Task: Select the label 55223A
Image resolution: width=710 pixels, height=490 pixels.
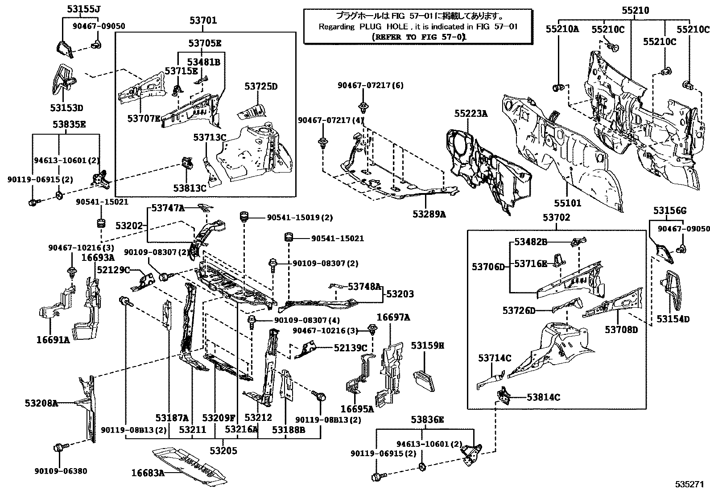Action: pyautogui.click(x=471, y=114)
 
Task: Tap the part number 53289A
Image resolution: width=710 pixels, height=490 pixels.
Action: pyautogui.click(x=429, y=214)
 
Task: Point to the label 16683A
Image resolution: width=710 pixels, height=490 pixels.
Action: pyautogui.click(x=148, y=473)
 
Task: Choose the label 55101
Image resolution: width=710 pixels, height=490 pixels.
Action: pyautogui.click(x=568, y=203)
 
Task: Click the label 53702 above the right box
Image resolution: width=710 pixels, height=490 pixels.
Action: pyautogui.click(x=556, y=218)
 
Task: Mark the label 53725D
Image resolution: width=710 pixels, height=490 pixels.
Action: pyautogui.click(x=260, y=86)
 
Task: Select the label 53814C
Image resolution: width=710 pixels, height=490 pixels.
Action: pyautogui.click(x=543, y=397)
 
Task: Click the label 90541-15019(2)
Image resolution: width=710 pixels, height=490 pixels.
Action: pyautogui.click(x=300, y=218)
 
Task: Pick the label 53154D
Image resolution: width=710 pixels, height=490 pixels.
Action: pyautogui.click(x=673, y=319)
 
